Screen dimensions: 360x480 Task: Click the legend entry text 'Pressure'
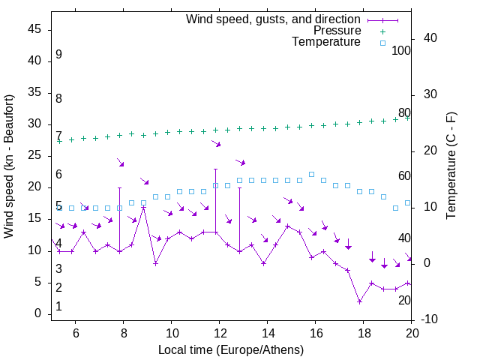[x=337, y=31]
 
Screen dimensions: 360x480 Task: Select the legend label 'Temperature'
[x=326, y=42]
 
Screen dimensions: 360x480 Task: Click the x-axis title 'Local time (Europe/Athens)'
[x=232, y=350]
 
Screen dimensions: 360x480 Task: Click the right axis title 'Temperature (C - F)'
[x=451, y=167]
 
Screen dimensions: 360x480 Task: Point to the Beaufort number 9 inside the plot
[x=58, y=55]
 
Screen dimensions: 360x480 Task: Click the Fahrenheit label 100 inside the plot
[x=401, y=51]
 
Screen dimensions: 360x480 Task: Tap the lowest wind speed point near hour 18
[x=360, y=301]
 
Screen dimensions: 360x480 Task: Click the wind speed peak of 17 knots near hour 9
[x=144, y=206]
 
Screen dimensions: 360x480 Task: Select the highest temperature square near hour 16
[x=312, y=174]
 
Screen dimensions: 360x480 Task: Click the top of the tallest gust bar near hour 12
[x=216, y=169]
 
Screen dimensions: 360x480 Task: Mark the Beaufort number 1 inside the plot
[x=58, y=307]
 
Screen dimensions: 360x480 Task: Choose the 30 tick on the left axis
[x=35, y=124]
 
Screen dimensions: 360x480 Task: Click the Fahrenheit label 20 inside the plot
[x=404, y=300]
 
